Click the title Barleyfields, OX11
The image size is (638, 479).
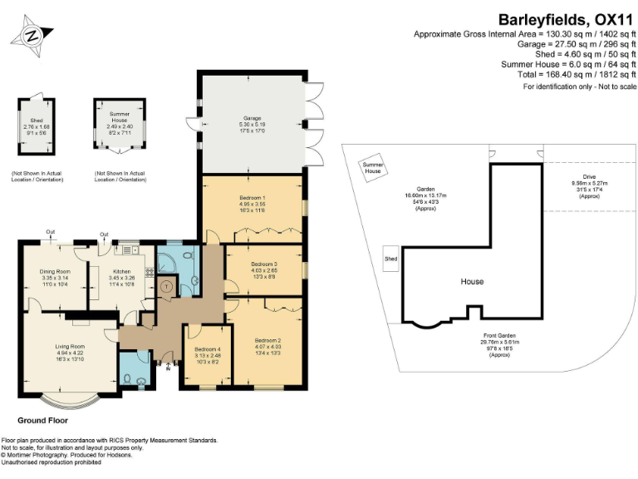click(567, 18)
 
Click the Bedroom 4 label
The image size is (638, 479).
click(207, 348)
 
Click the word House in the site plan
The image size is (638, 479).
click(473, 282)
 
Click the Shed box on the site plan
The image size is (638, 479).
click(390, 259)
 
